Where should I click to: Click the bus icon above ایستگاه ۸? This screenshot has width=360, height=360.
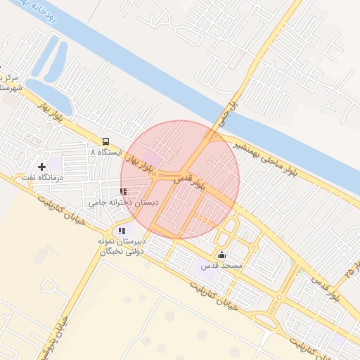[x=105, y=141]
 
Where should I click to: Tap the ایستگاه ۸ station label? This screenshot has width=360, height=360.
[x=106, y=152]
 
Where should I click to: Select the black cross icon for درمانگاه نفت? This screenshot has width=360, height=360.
[x=41, y=167]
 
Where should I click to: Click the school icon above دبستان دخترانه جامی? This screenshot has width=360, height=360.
[x=123, y=191]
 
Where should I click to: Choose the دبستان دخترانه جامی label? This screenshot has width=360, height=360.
[x=123, y=202]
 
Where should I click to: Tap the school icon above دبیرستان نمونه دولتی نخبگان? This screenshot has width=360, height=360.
[x=122, y=230]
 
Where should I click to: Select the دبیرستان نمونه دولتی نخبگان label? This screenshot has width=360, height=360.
[x=123, y=245]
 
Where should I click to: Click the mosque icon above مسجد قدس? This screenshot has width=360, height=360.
[x=222, y=255]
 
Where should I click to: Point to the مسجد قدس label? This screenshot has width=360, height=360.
[x=222, y=266]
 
